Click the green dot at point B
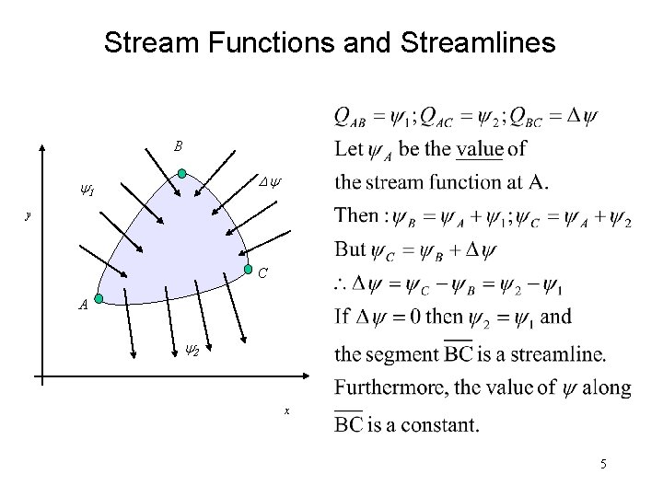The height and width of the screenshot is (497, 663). point(182,172)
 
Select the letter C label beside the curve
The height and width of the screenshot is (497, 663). point(263,273)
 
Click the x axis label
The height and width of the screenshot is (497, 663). point(286,411)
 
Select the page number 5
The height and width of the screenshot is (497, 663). point(603,465)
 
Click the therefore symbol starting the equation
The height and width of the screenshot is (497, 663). point(342,284)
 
